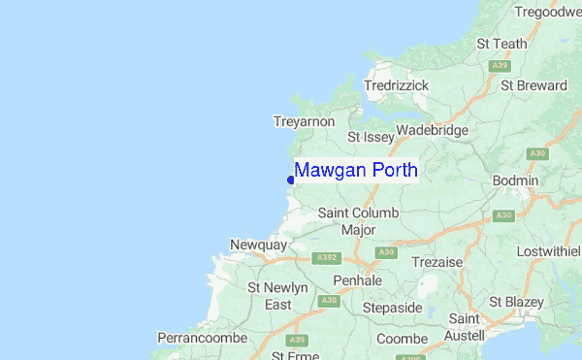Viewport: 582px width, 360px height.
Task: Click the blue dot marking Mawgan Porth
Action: tap(291, 180)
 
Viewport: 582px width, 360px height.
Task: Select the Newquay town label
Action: tap(258, 245)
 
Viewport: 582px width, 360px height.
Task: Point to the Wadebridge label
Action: tap(432, 130)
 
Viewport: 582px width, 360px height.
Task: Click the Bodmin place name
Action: tap(516, 181)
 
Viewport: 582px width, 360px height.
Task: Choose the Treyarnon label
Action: tap(304, 121)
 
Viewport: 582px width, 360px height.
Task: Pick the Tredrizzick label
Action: tap(396, 85)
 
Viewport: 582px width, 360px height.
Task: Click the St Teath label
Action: tap(501, 44)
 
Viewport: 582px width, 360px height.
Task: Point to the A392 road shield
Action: tap(327, 258)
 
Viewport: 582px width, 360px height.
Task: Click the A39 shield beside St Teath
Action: tap(501, 65)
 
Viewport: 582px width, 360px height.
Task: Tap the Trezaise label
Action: tap(436, 262)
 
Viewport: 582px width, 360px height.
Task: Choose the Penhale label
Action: tap(358, 280)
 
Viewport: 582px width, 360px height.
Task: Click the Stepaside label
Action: tap(392, 308)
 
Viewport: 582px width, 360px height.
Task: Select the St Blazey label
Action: tap(516, 302)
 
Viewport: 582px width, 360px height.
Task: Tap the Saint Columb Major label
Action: tap(358, 221)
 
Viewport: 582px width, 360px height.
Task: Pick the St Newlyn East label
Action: tap(277, 296)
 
